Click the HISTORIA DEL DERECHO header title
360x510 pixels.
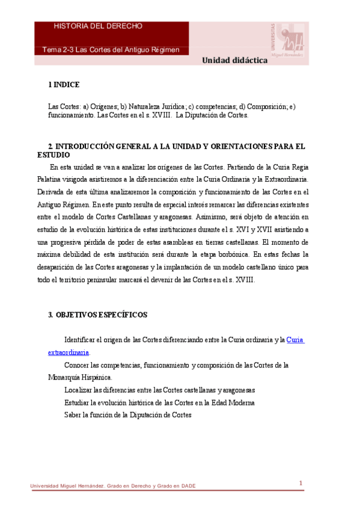pos(98,26)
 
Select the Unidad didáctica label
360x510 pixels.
pos(234,60)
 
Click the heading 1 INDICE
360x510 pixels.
pos(64,85)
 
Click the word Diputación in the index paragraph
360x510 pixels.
pos(203,115)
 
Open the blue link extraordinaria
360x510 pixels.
pos(69,352)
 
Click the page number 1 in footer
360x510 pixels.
pos(301,483)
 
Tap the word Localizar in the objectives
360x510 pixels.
pos(79,390)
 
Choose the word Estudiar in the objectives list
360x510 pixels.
pos(78,402)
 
